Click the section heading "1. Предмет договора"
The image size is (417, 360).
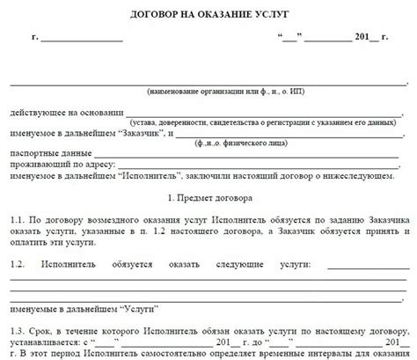[208, 201]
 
